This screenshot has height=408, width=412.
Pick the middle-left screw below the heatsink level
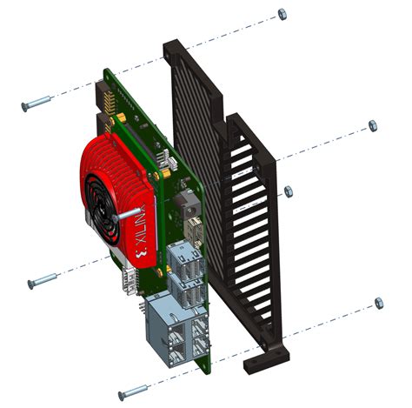(x=43, y=281)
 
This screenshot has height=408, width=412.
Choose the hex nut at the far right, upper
(x=374, y=125)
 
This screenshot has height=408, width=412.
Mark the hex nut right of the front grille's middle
(x=289, y=191)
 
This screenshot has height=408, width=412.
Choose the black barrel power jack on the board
(x=186, y=209)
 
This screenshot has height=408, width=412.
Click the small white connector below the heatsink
(x=129, y=278)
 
